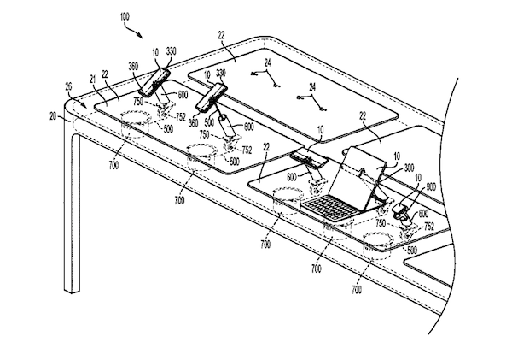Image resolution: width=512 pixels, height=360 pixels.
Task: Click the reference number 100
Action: pos(125,17)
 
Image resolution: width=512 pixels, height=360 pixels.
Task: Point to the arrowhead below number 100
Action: pos(141,35)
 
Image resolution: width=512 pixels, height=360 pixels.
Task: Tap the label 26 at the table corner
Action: pos(68,86)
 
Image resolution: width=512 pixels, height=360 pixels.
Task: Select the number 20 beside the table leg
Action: pos(53,115)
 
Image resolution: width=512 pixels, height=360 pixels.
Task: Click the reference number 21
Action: pos(92,80)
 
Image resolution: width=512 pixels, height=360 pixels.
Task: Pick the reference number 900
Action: pos(431,187)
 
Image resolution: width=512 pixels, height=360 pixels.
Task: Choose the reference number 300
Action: pos(409,168)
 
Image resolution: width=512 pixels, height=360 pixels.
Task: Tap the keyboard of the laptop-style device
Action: pos(332,205)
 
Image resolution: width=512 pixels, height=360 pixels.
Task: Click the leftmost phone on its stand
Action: pos(154,82)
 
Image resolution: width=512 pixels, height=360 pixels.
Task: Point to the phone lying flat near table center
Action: pos(309,156)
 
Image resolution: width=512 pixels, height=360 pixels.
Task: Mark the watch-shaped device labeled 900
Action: pos(401,210)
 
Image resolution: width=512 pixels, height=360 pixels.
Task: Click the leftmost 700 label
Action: pos(113,166)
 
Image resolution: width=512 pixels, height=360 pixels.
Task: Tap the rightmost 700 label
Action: pos(357,290)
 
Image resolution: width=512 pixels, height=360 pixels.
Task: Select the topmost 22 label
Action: pos(221,35)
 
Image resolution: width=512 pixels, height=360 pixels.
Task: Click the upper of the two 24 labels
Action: pos(268,63)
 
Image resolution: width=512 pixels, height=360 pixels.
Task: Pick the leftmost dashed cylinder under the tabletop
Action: pos(136,124)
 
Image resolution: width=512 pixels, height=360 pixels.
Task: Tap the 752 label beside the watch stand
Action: pos(429,226)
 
